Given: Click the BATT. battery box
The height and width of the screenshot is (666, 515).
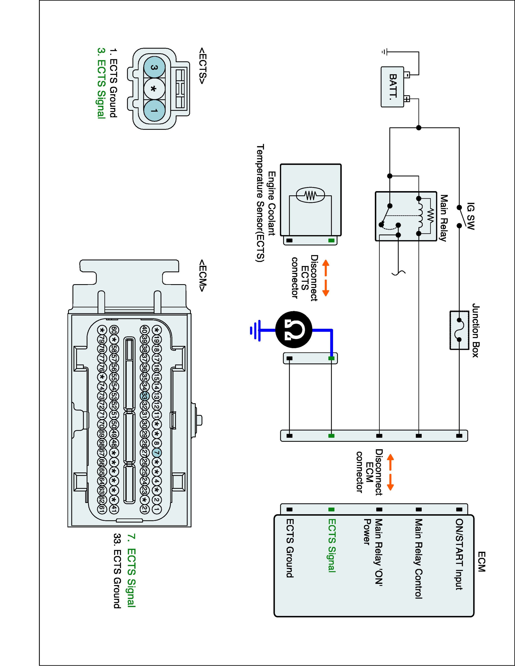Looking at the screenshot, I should coord(392,87).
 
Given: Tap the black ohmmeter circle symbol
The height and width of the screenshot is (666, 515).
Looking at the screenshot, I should coord(294,330).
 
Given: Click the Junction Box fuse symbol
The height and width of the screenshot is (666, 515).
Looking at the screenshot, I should coord(459,330).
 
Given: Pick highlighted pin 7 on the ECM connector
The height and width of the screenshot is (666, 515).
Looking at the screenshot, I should coord(156,453).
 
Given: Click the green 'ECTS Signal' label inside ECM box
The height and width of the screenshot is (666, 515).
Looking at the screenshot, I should coord(332,545).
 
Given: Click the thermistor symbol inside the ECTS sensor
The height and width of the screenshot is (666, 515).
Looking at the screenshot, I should coord(310,195).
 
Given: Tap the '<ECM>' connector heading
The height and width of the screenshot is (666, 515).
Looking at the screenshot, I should coord(203,275).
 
